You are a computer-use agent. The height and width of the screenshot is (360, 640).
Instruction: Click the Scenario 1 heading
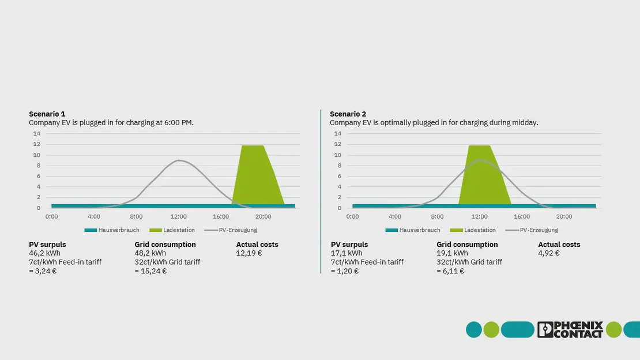tap(47, 114)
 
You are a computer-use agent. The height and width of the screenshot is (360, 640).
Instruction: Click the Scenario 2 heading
tap(348, 114)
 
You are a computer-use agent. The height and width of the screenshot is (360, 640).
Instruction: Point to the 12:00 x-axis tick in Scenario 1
tap(179, 216)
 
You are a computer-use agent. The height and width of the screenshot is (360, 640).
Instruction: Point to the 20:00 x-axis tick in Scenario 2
tap(564, 216)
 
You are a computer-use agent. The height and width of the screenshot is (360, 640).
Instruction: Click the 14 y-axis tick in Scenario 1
tap(37, 134)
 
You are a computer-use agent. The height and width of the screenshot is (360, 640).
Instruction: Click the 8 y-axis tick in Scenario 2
tap(338, 166)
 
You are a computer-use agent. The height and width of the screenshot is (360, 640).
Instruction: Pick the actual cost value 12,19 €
tap(249, 253)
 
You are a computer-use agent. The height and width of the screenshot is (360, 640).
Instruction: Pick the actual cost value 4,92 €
tap(549, 253)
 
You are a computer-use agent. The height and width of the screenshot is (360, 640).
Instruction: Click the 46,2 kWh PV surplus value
tap(44, 253)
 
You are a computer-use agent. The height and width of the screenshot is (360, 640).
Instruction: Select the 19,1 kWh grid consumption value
tap(452, 253)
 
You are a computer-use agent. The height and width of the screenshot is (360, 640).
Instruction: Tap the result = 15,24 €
tap(150, 271)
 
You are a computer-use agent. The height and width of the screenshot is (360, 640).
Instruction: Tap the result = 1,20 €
tap(345, 271)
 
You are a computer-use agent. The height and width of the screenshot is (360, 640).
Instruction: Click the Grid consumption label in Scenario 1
tap(165, 245)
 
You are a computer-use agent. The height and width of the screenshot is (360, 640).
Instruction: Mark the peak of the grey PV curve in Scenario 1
tap(180, 160)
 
